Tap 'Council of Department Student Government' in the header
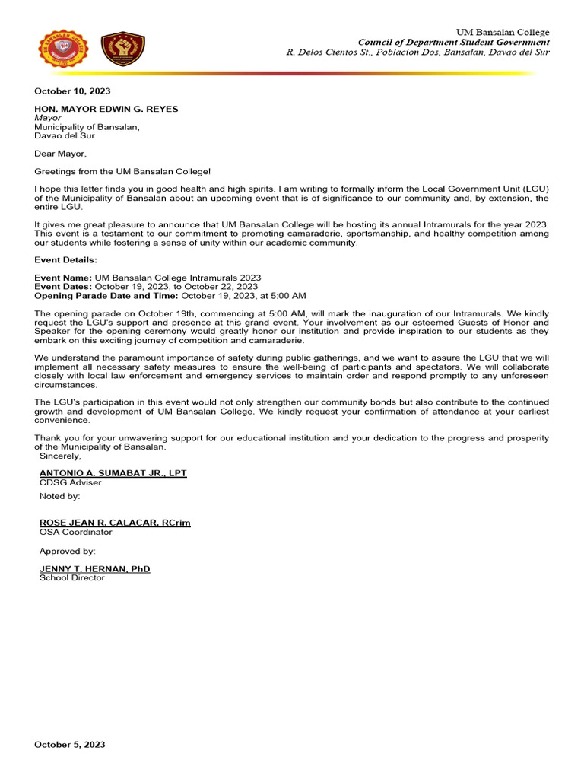[453, 42]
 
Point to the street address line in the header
[417, 52]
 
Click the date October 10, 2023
[72, 91]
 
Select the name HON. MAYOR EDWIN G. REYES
[106, 109]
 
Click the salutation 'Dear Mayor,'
[61, 154]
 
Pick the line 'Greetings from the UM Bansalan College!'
[122, 173]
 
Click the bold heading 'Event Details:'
[65, 259]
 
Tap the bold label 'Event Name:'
[63, 278]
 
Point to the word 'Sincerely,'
[60, 456]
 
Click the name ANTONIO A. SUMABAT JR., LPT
[113, 472]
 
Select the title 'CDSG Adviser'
[70, 482]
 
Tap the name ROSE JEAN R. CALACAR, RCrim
[115, 523]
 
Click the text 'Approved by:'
[68, 551]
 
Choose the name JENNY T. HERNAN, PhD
[94, 568]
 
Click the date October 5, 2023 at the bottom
[70, 745]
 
